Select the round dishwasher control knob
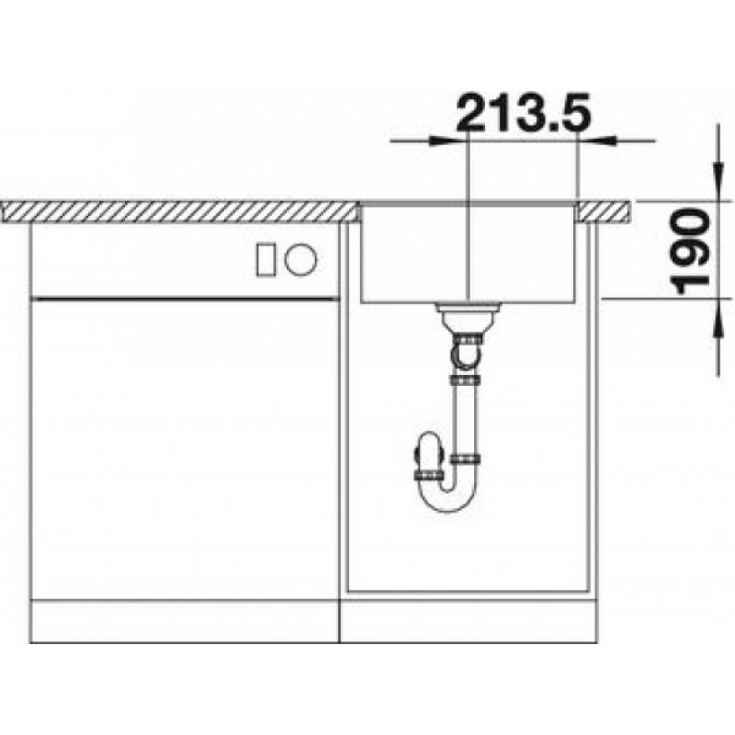(301, 259)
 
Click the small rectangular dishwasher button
(266, 259)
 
